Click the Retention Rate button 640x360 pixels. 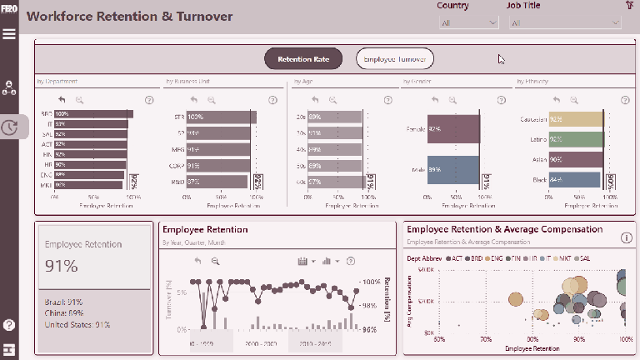303,59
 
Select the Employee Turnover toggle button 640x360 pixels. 395,59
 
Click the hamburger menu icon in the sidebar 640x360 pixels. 10,34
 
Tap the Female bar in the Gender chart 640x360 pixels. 453,129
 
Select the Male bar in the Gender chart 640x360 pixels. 453,170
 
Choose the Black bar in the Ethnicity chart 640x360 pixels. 575,180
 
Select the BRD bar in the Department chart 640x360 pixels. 92,113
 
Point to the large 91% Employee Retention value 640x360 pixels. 62,266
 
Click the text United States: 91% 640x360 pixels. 77,325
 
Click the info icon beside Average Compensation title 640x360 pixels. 626,237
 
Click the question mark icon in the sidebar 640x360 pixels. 10,325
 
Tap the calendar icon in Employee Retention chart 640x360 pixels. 302,261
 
